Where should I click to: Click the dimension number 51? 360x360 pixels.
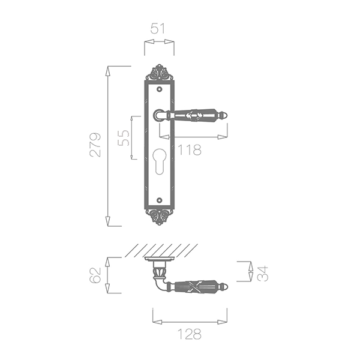pyautogui.click(x=158, y=29)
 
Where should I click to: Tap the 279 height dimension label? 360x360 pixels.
pyautogui.click(x=95, y=145)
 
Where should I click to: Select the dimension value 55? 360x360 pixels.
pyautogui.click(x=123, y=138)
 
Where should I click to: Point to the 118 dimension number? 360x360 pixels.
pyautogui.click(x=190, y=149)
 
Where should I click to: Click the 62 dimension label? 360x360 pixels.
pyautogui.click(x=95, y=275)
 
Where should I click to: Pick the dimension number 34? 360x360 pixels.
pyautogui.click(x=262, y=274)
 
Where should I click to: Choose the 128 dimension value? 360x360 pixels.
pyautogui.click(x=190, y=334)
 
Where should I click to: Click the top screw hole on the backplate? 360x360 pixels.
pyautogui.click(x=160, y=89)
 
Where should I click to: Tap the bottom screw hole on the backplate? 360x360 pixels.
pyautogui.click(x=160, y=200)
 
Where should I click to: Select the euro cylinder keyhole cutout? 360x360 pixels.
pyautogui.click(x=160, y=161)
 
